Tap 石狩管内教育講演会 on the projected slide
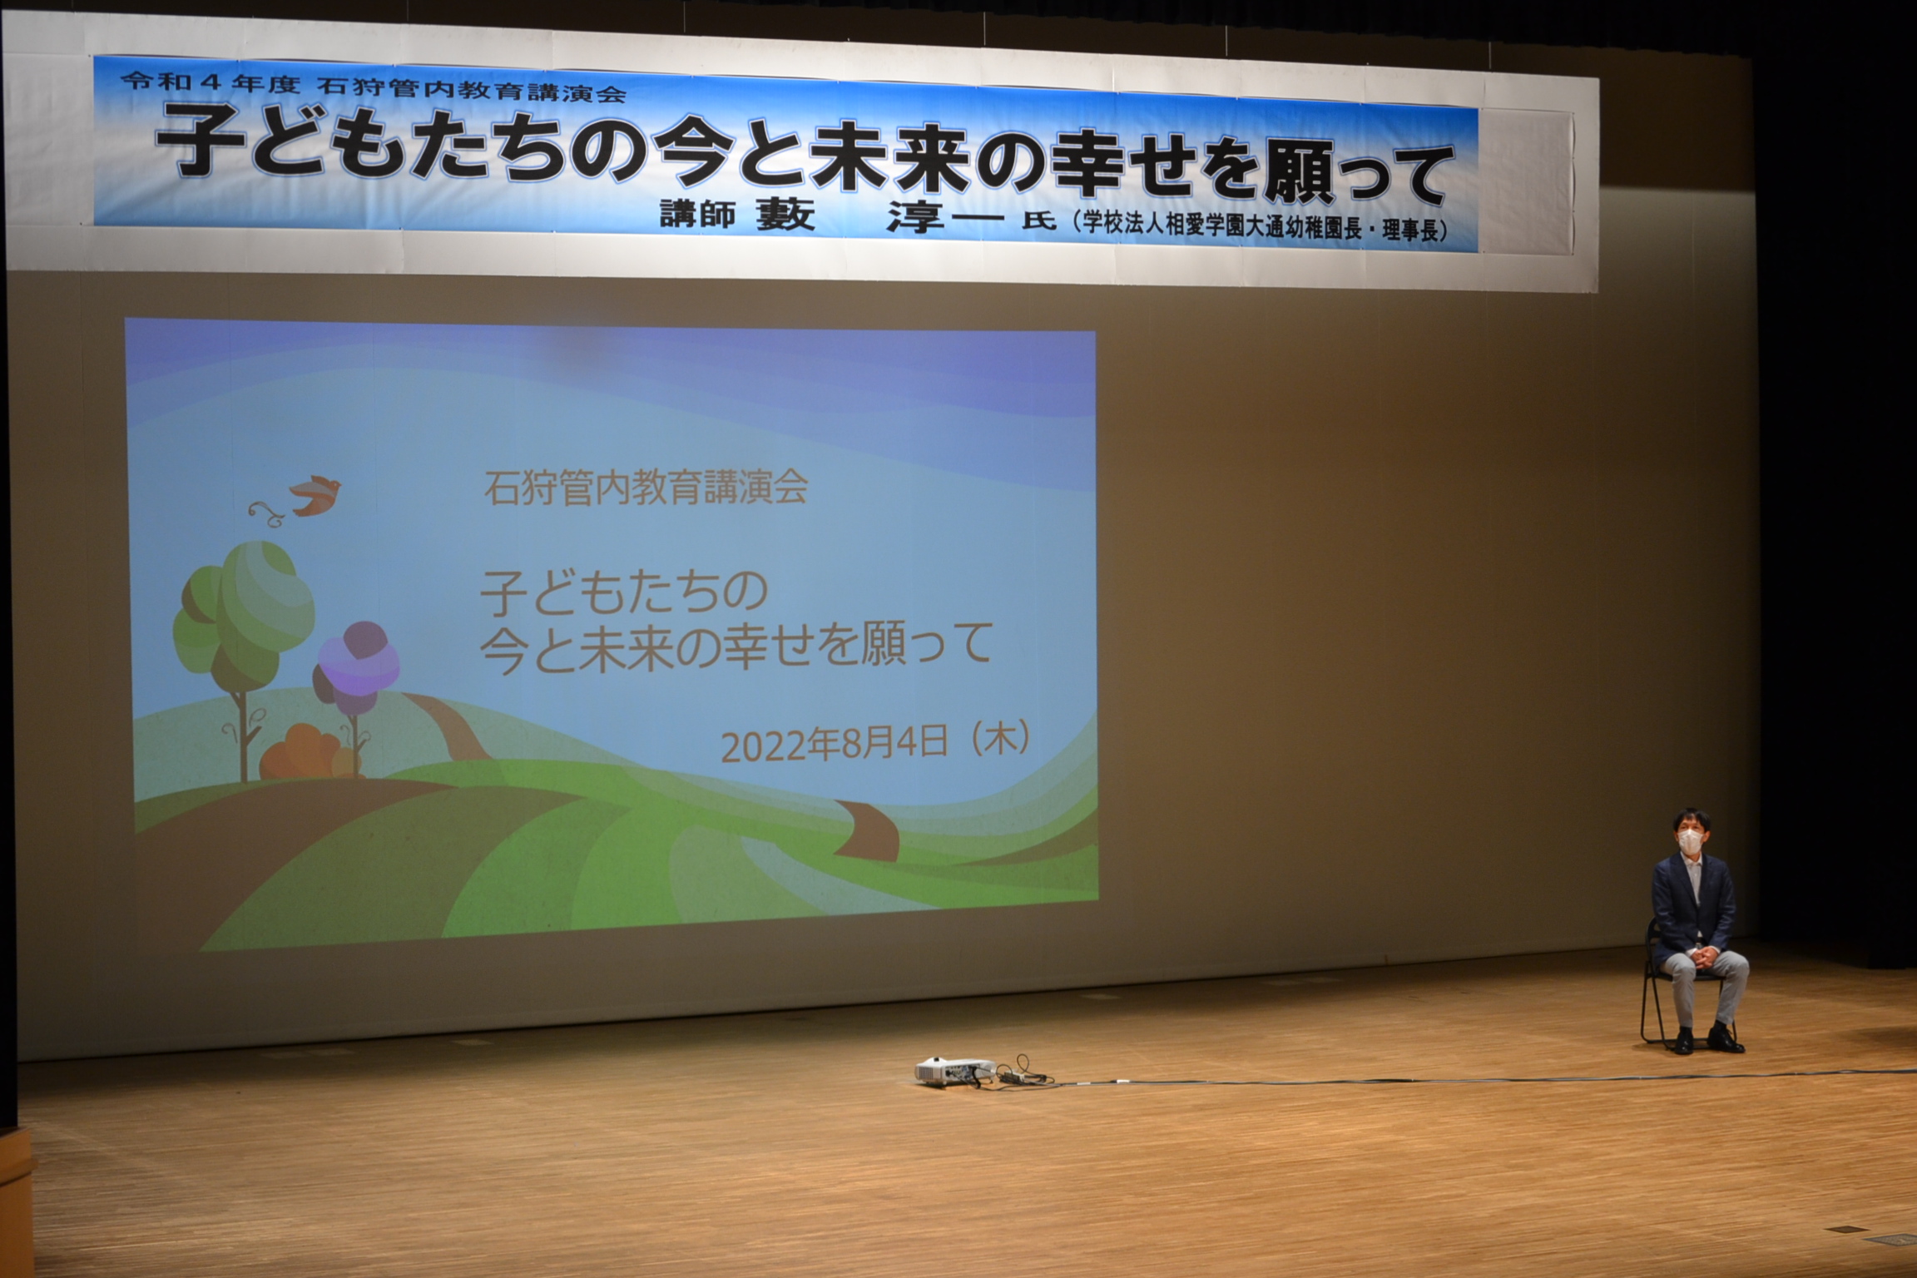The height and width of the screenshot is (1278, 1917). click(x=646, y=488)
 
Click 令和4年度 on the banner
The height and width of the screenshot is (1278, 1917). click(x=210, y=82)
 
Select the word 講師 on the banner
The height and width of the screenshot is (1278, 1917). click(x=697, y=215)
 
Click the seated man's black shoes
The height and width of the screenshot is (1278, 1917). click(x=1703, y=1040)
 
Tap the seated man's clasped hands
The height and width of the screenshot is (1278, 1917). click(x=1695, y=961)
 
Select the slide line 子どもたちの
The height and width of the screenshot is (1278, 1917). click(x=624, y=592)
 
